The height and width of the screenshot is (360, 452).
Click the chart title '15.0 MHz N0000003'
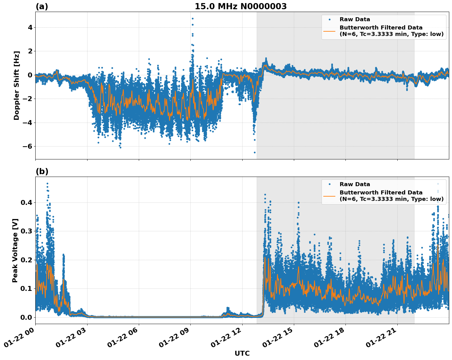click(x=240, y=6)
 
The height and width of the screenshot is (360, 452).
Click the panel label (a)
click(x=42, y=6)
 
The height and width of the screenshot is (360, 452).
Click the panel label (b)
click(x=42, y=171)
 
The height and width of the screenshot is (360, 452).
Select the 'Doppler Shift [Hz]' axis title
click(x=17, y=85)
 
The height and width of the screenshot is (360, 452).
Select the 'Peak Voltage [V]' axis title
click(x=15, y=250)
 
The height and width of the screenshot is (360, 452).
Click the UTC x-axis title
click(x=242, y=353)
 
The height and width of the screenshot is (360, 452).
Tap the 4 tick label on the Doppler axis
click(x=30, y=28)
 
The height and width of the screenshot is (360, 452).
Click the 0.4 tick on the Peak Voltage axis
click(x=26, y=203)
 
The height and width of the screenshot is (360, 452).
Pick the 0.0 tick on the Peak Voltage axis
click(x=26, y=317)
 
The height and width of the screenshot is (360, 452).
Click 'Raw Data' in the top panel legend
click(x=355, y=19)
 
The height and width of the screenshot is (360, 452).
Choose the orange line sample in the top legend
click(x=329, y=31)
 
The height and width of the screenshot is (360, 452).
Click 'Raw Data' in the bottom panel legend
click(x=355, y=184)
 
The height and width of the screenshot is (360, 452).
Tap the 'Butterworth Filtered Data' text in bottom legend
click(x=381, y=193)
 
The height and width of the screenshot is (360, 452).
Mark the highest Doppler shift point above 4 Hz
click(x=193, y=18)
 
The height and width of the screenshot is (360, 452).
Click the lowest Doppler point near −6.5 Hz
click(x=255, y=152)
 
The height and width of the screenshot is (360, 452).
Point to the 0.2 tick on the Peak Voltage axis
click(x=26, y=260)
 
